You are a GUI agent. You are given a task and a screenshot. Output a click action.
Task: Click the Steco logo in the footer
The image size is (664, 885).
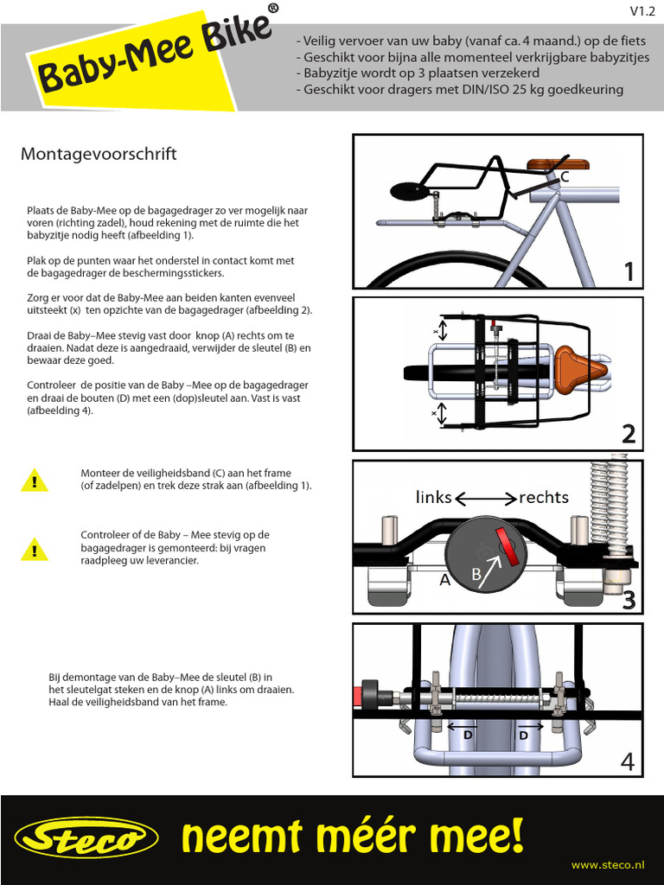click(86, 838)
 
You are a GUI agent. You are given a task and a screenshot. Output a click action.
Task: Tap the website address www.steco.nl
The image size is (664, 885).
click(609, 864)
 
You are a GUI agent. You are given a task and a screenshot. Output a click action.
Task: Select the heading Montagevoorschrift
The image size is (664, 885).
click(99, 154)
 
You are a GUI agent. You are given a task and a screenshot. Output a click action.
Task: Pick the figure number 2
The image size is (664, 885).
click(629, 434)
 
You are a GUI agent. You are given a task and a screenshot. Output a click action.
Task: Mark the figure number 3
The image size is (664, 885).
click(629, 599)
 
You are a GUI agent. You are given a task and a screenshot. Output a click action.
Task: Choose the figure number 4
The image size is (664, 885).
click(628, 761)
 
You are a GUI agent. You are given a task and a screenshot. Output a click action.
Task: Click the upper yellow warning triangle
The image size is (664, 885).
click(35, 481)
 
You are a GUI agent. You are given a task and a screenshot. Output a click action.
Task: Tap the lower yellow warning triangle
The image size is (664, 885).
click(35, 548)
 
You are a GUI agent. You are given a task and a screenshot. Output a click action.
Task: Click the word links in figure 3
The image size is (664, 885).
click(434, 497)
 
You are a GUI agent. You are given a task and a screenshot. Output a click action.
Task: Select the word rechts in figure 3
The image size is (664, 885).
click(544, 497)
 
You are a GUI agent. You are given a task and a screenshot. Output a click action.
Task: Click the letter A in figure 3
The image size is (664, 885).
click(445, 580)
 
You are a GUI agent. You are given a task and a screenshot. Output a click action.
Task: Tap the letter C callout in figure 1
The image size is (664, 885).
click(565, 176)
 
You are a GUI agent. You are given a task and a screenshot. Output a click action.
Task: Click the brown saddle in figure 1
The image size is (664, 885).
click(556, 164)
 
